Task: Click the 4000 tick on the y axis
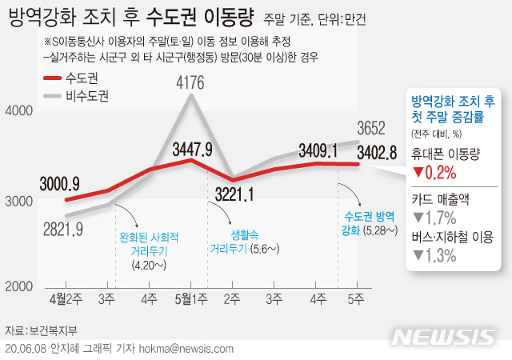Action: coord(19,112)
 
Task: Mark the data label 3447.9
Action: coord(192,149)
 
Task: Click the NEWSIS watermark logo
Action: coord(449,336)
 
